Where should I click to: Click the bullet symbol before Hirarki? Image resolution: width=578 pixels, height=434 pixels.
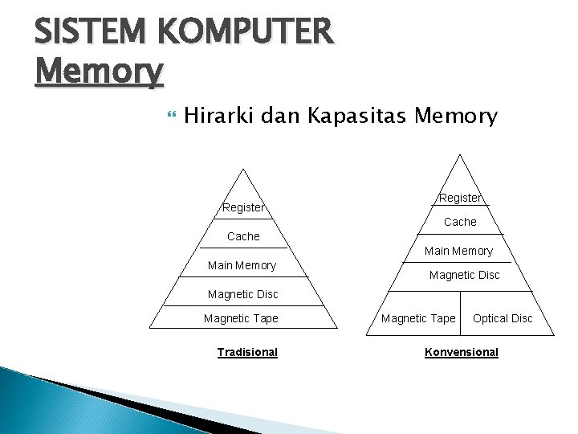(169, 117)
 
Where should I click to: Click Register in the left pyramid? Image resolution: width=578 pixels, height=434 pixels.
(243, 207)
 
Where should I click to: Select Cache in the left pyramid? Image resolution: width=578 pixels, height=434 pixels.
(243, 236)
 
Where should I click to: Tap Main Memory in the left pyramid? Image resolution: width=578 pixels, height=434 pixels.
(242, 265)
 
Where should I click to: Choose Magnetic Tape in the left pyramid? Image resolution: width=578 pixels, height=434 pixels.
(241, 318)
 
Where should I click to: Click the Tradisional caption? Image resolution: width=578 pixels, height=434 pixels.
(247, 352)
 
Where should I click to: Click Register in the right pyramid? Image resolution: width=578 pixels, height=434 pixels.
(460, 198)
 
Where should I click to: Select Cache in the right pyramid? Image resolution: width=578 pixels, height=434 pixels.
(460, 221)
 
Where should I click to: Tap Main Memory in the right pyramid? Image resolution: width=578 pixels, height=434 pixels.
(458, 251)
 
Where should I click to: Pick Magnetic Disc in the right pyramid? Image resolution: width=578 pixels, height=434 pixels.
(464, 275)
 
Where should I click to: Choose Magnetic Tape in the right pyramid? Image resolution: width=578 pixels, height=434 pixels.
(418, 318)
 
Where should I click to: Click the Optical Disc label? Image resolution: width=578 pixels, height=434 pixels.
(503, 318)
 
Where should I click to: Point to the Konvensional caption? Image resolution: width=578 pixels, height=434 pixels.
(461, 352)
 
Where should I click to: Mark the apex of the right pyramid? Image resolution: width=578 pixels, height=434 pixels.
(459, 154)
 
